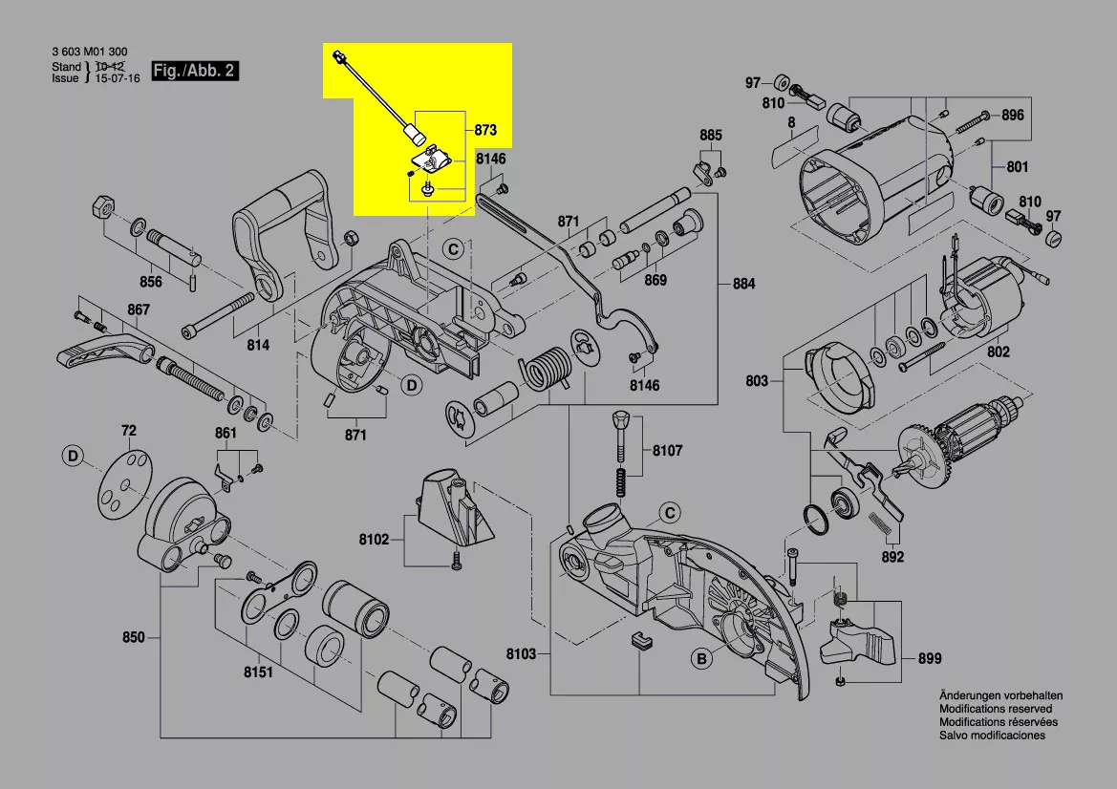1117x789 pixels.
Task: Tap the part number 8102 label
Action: (375, 539)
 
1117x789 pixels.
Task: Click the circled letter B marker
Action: (700, 658)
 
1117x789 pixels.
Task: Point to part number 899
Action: (929, 658)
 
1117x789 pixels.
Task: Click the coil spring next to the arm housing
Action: (548, 369)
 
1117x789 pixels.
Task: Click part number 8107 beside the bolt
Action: (668, 450)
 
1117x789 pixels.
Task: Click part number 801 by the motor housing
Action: (1017, 167)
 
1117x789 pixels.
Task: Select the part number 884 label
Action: (743, 284)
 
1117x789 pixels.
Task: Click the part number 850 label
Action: (133, 637)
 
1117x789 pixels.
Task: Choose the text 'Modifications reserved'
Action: (995, 709)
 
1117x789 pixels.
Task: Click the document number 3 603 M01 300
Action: (90, 53)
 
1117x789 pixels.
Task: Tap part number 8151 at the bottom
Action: (257, 672)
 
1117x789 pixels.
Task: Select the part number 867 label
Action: (139, 309)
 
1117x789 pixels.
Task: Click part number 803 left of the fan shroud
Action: (757, 381)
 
